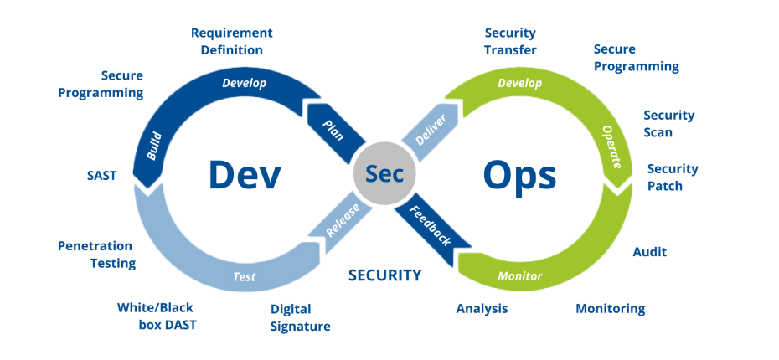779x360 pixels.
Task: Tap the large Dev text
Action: [244, 176]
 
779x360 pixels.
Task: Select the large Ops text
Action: [519, 176]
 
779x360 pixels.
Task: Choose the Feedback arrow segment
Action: [433, 224]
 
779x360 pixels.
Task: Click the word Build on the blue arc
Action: [153, 144]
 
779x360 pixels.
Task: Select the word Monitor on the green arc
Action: [520, 276]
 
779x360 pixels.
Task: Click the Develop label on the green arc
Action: [519, 83]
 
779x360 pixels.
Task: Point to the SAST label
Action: [101, 176]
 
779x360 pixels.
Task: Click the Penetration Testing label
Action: [96, 255]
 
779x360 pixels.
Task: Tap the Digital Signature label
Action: [300, 317]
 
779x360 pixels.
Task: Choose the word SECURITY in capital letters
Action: [384, 275]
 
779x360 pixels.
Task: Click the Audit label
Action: [649, 251]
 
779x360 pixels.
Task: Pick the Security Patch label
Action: [672, 177]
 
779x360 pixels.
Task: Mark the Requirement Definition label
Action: [232, 42]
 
